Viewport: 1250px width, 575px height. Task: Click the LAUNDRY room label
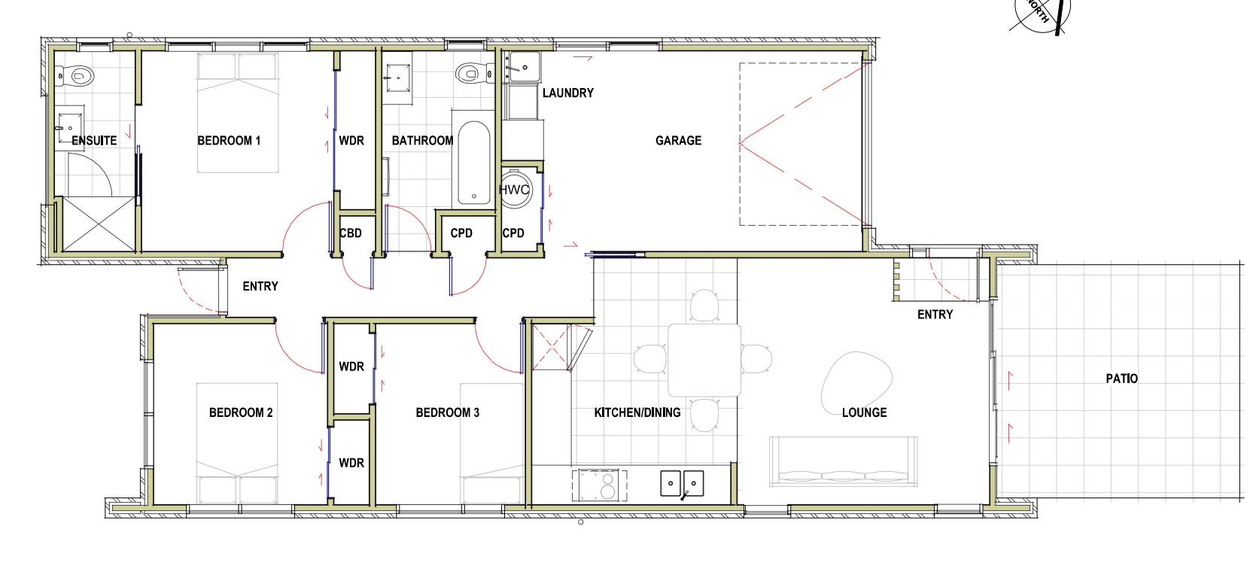tap(567, 93)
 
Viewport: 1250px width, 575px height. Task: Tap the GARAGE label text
tap(678, 141)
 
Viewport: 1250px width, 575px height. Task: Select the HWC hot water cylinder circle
tap(515, 190)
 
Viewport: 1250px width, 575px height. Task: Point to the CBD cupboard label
tap(351, 233)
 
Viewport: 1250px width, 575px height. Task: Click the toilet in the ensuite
tap(78, 75)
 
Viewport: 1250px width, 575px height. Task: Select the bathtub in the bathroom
tap(474, 163)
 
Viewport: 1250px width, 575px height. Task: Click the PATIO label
tap(1121, 379)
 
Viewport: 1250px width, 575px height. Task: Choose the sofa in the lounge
tap(843, 461)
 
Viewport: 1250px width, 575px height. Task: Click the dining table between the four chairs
tap(704, 360)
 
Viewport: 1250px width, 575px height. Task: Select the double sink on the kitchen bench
tap(682, 483)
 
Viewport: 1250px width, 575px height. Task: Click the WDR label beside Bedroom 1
tap(351, 141)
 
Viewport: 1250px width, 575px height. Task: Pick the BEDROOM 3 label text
tap(447, 412)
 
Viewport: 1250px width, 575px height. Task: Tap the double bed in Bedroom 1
tap(238, 113)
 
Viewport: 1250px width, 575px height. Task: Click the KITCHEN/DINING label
tap(637, 412)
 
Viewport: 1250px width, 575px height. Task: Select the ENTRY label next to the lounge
tap(935, 315)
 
